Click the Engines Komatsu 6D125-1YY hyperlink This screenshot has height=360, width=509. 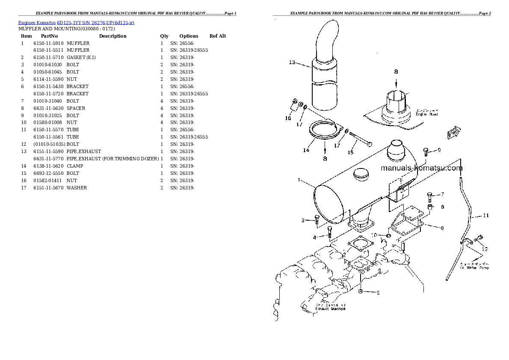76,23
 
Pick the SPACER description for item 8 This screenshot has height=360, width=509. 76,108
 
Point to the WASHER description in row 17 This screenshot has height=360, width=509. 77,188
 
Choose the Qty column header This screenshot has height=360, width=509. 164,36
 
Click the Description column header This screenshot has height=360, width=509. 112,36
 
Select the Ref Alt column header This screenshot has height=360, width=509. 218,36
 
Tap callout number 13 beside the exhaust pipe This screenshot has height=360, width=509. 292,62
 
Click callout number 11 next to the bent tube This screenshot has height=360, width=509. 485,215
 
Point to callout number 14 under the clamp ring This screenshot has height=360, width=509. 306,150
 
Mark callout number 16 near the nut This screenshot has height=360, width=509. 288,118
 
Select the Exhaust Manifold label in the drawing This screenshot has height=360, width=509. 330,308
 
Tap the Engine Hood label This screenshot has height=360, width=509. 426,114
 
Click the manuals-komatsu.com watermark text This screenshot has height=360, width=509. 421,168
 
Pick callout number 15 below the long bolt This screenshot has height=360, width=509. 350,152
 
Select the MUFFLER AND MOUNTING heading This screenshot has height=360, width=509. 66,29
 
